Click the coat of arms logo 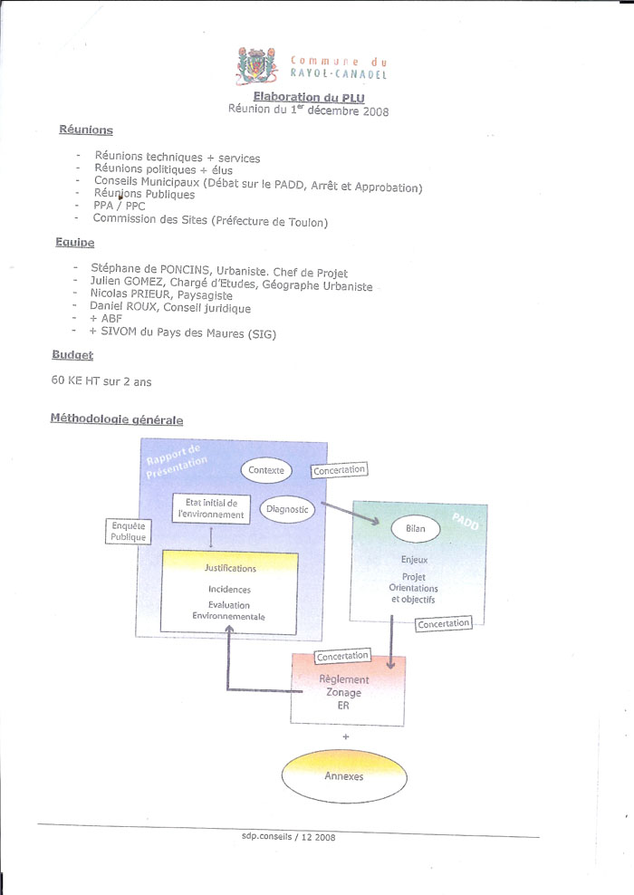tap(257, 65)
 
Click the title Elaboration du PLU tap(309, 97)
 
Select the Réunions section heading tap(86, 130)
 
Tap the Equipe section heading tap(75, 242)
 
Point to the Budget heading tap(72, 354)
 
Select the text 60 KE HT tap(75, 380)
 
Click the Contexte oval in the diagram tap(266, 470)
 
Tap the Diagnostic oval tap(287, 509)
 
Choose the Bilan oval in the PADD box tap(416, 528)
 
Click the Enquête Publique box tap(129, 531)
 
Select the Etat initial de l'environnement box tap(211, 508)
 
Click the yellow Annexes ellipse tap(344, 775)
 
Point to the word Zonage tap(343, 692)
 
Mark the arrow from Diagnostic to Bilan tap(350, 513)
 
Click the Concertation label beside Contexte tap(339, 470)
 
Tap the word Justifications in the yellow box tap(231, 568)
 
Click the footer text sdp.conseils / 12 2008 tap(288, 837)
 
